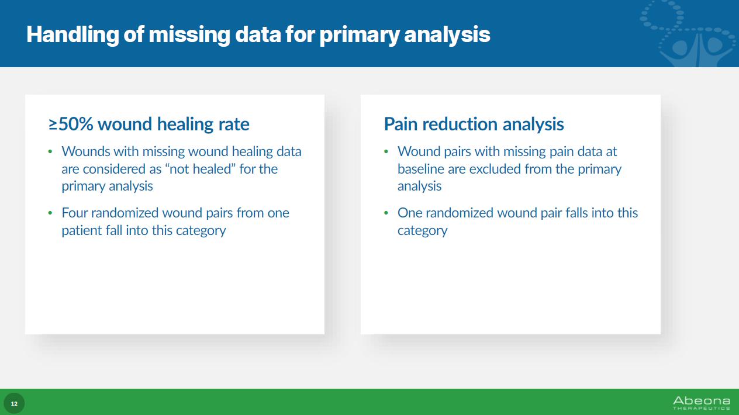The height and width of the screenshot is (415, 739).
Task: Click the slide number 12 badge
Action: pyautogui.click(x=14, y=403)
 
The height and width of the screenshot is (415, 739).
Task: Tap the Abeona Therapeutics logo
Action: pyautogui.click(x=702, y=403)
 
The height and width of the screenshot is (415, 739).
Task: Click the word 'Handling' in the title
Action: pyautogui.click(x=72, y=34)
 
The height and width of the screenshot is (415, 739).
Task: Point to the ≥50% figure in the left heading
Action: pyautogui.click(x=71, y=124)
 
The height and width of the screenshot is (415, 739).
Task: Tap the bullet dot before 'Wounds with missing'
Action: pyautogui.click(x=50, y=152)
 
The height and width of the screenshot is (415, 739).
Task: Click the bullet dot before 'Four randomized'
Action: pyautogui.click(x=50, y=213)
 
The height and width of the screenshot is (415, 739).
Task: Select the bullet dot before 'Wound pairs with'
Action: pyautogui.click(x=386, y=152)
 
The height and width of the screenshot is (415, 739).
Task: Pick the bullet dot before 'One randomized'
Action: pyautogui.click(x=386, y=213)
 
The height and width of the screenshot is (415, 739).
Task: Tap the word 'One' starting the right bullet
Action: pyautogui.click(x=409, y=213)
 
